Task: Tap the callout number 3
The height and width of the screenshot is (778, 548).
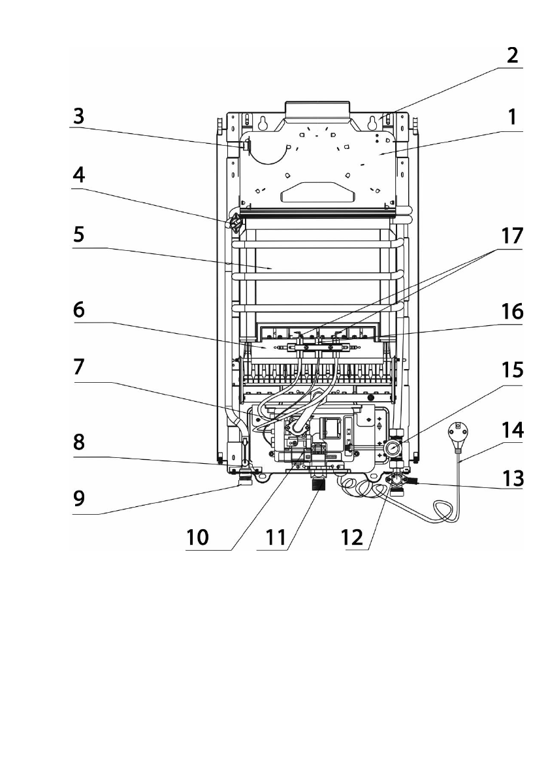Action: pyautogui.click(x=78, y=118)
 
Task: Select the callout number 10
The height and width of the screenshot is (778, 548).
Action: pyautogui.click(x=198, y=538)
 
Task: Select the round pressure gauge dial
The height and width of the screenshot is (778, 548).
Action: pyautogui.click(x=392, y=449)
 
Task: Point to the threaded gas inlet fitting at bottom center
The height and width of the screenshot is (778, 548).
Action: pyautogui.click(x=317, y=486)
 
